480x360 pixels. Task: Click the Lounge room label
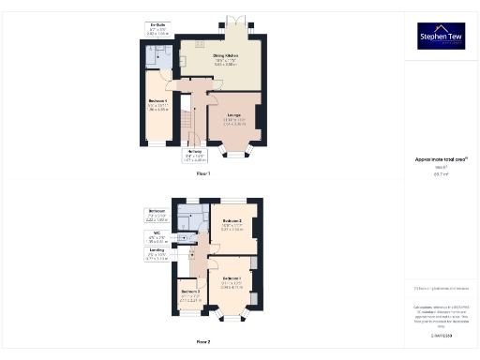pyautogui.click(x=234, y=119)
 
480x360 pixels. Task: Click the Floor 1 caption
pyautogui.click(x=203, y=174)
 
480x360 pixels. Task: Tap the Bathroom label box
pyautogui.click(x=157, y=213)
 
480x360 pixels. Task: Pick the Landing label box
pyautogui.click(x=157, y=252)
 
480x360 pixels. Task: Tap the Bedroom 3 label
pyautogui.click(x=190, y=293)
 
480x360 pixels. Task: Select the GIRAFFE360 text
pyautogui.click(x=441, y=335)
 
